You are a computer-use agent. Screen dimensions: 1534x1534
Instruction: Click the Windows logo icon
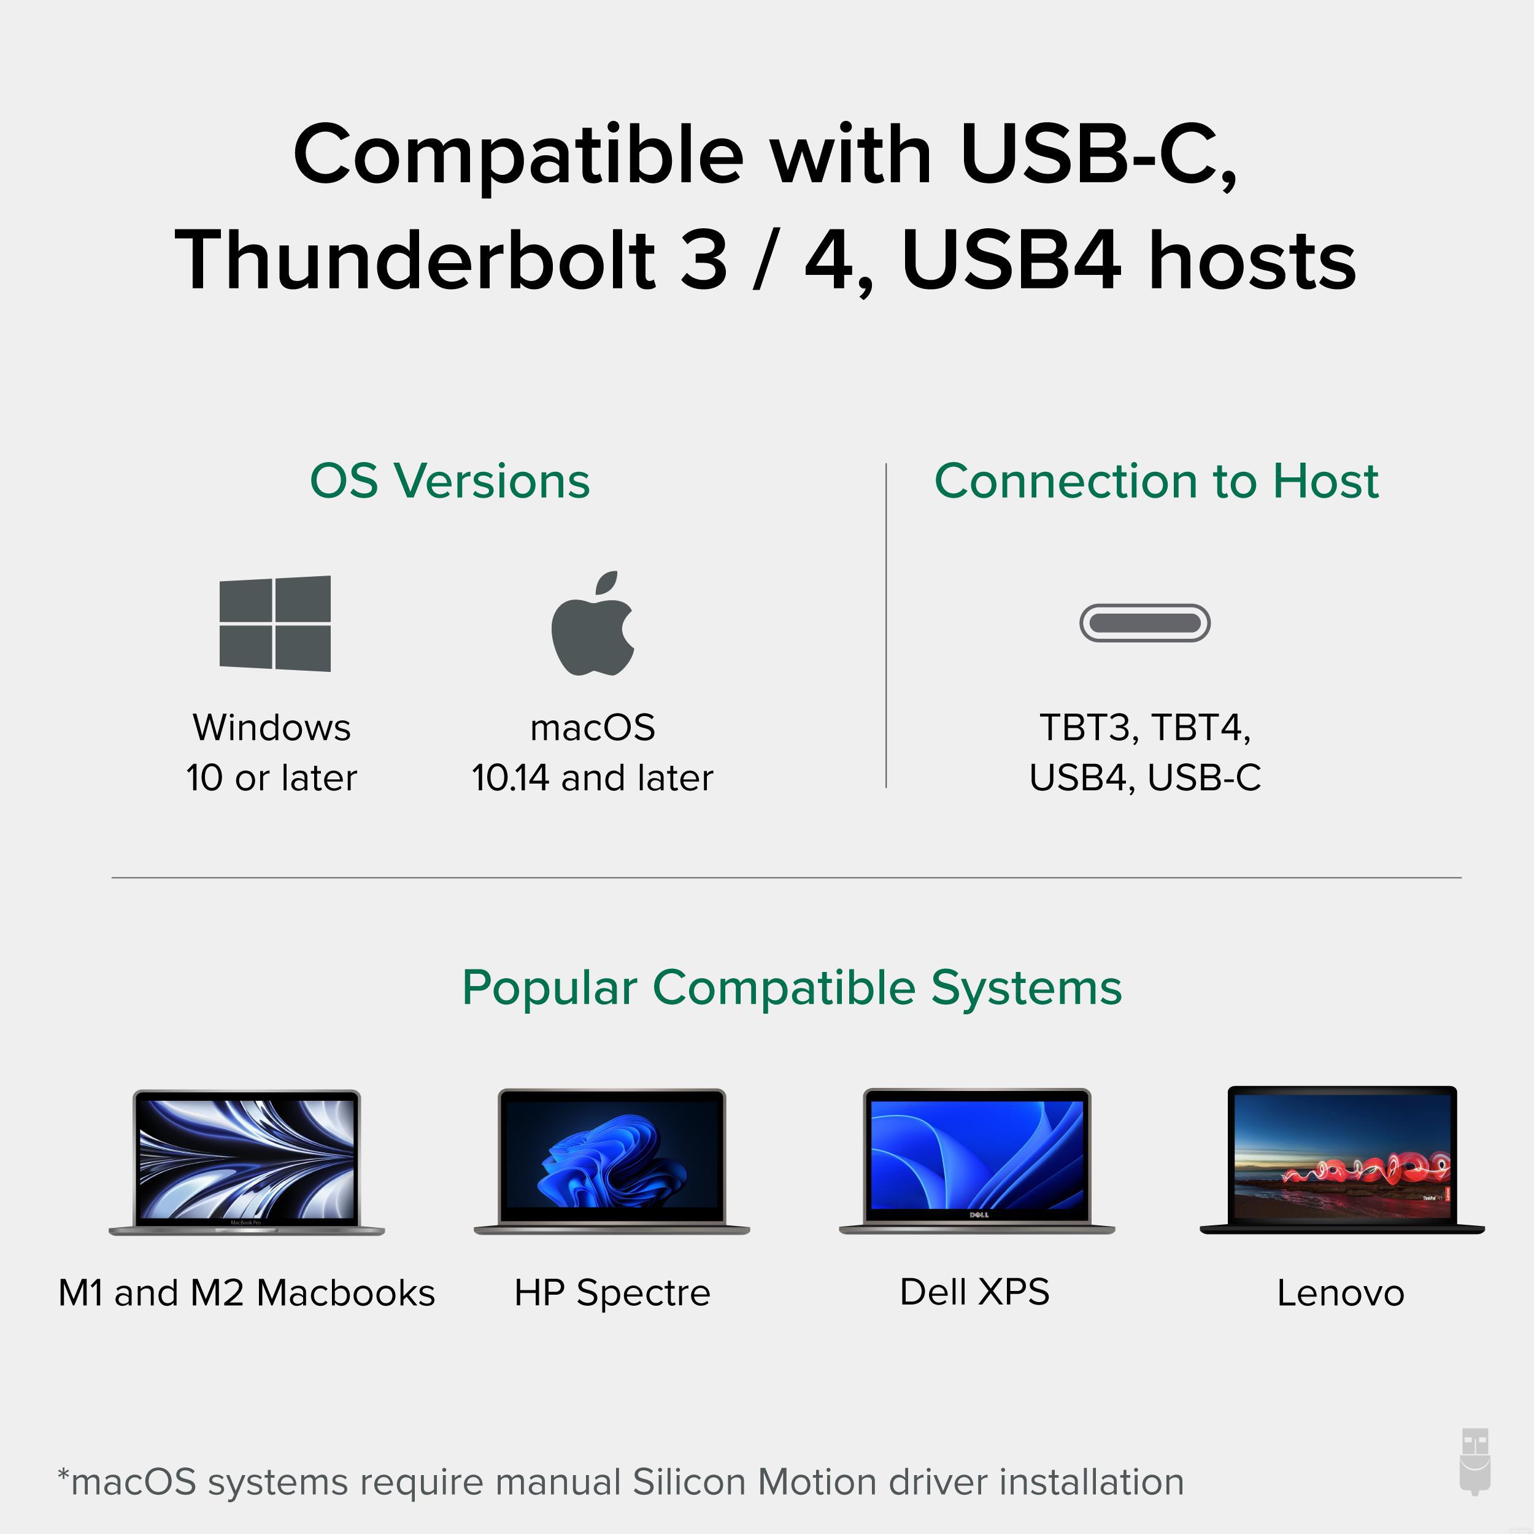click(x=275, y=623)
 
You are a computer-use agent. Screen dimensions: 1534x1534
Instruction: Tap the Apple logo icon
click(x=592, y=623)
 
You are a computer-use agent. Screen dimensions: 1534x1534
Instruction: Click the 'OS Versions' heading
click(x=449, y=481)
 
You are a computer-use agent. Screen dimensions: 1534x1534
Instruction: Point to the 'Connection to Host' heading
click(x=1156, y=481)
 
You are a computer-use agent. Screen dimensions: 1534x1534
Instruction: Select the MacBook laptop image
click(x=246, y=1162)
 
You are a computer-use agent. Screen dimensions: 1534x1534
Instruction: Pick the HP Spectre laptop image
click(x=611, y=1162)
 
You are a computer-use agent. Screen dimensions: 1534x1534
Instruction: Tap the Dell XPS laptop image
click(x=977, y=1162)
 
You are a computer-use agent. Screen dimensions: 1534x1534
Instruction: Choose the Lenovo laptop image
click(x=1342, y=1160)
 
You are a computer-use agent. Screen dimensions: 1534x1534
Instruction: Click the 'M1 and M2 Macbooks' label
click(x=247, y=1293)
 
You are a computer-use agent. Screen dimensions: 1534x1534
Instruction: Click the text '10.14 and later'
click(x=592, y=778)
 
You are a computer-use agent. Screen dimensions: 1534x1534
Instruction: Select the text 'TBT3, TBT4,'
click(x=1145, y=728)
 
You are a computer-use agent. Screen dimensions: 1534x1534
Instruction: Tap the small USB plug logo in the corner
click(x=1475, y=1473)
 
